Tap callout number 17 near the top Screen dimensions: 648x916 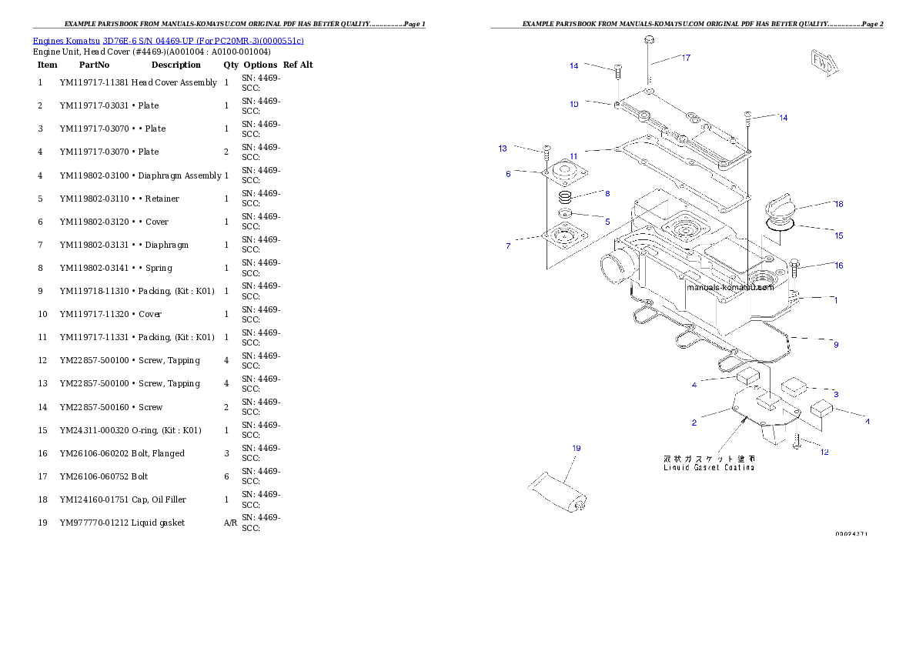(685, 58)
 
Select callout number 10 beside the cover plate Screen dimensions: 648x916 (574, 104)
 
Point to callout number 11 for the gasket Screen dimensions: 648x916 (574, 155)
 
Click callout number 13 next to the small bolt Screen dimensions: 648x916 (503, 149)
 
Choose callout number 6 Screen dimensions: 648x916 (508, 174)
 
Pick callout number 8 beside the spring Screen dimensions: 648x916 (607, 194)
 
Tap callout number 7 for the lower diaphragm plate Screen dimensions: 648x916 (508, 246)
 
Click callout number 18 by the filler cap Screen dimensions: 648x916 (838, 204)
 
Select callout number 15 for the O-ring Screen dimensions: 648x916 (838, 235)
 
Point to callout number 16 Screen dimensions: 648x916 (838, 266)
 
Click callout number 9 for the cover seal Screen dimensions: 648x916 (836, 344)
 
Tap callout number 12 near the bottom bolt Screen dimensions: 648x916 (824, 452)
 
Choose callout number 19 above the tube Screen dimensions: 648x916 (576, 448)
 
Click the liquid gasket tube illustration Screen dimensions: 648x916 (558, 493)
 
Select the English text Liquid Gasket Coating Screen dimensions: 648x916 (709, 467)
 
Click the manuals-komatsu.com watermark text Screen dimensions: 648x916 (730, 287)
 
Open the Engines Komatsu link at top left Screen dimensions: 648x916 (168, 40)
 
